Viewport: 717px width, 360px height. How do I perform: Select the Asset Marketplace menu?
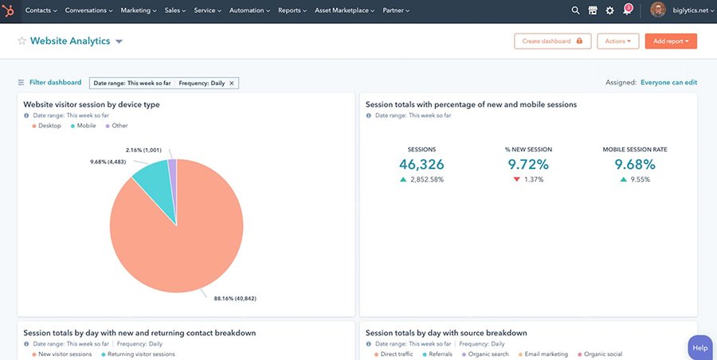pos(348,11)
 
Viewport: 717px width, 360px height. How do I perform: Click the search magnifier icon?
pos(576,11)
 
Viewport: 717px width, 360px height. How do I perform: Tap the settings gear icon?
pos(610,11)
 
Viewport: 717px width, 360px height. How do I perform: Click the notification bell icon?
pos(627,11)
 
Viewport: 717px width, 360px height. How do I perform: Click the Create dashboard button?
pos(551,41)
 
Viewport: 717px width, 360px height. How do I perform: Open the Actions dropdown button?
pos(617,41)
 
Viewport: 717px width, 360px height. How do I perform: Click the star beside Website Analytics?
pos(22,41)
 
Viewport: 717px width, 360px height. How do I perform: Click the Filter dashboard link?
pos(55,83)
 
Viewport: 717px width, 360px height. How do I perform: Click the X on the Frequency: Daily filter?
pos(232,83)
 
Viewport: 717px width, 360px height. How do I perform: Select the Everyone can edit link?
pos(668,83)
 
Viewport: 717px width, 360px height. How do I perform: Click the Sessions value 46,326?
pos(421,165)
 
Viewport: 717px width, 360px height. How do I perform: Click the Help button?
pos(699,348)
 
